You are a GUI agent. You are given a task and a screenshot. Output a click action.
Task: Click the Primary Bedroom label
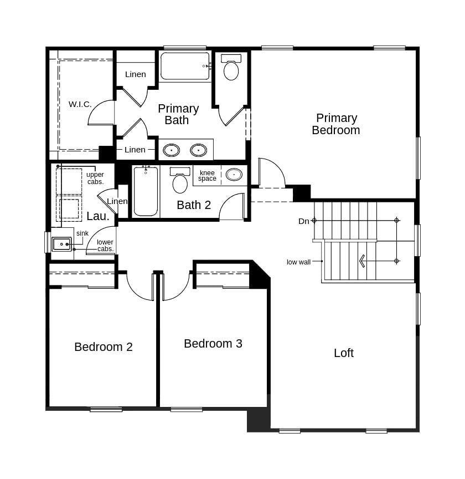336,124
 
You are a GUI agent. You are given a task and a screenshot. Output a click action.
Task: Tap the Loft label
343,353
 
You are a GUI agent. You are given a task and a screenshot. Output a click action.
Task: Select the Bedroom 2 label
104,347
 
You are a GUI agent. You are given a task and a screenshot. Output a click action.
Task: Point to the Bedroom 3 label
213,344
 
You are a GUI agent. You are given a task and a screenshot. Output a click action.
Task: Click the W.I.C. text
80,104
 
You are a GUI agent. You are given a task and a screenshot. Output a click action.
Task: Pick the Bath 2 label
194,205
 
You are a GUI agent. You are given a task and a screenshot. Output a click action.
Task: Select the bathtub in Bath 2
146,192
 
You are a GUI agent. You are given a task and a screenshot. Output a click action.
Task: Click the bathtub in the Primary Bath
185,66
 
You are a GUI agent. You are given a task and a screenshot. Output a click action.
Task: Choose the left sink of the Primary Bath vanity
171,150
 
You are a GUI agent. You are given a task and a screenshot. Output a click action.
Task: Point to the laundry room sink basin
61,244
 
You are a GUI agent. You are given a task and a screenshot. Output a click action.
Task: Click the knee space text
207,176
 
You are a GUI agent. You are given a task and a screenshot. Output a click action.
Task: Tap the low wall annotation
298,262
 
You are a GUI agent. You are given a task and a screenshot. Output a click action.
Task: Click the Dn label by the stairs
304,221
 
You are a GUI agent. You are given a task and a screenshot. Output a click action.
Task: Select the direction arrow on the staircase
362,261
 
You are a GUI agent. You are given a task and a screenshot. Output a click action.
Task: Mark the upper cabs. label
95,178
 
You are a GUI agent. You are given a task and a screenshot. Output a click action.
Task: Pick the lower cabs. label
105,246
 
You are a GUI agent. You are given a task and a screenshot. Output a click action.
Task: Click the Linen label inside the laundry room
117,201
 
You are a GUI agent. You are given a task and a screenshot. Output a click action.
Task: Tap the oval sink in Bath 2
234,175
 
